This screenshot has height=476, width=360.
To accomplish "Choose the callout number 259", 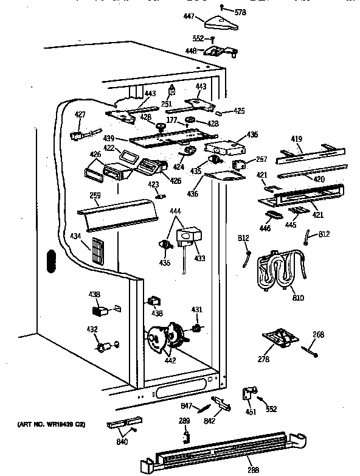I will [94, 197].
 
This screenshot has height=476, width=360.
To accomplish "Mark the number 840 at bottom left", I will [122, 441].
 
